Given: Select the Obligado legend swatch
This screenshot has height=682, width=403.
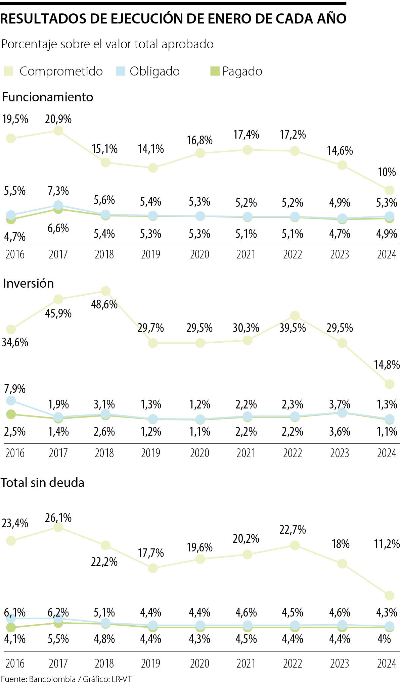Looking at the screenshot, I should click(120, 71).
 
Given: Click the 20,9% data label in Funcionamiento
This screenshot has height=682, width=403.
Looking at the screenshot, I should click(58, 119).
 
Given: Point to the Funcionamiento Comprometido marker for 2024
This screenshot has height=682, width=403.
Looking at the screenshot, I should click(389, 190).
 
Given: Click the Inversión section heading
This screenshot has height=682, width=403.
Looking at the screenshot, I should click(28, 284).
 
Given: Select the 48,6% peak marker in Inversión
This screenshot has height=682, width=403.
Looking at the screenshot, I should click(105, 291).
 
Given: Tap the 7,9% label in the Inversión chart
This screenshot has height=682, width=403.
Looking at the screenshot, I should click(15, 389).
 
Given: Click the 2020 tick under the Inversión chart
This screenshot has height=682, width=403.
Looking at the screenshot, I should click(199, 453).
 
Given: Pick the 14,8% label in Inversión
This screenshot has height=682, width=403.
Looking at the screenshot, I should click(387, 364).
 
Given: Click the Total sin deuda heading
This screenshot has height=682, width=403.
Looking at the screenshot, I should click(42, 483).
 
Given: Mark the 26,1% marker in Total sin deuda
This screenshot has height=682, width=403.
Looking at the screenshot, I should click(58, 527).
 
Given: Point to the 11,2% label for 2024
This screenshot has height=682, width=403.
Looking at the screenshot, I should click(387, 544).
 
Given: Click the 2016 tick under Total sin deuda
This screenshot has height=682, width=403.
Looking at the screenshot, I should click(15, 664).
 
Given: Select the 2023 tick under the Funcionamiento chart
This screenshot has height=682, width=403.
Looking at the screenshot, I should click(340, 254).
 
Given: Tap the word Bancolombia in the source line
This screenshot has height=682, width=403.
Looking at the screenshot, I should click(52, 679).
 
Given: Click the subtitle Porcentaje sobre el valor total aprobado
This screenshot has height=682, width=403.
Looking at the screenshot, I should click(107, 44).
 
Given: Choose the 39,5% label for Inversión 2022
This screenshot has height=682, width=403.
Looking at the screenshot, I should click(293, 328).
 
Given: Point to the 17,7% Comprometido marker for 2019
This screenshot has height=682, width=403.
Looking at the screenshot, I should click(153, 568).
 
